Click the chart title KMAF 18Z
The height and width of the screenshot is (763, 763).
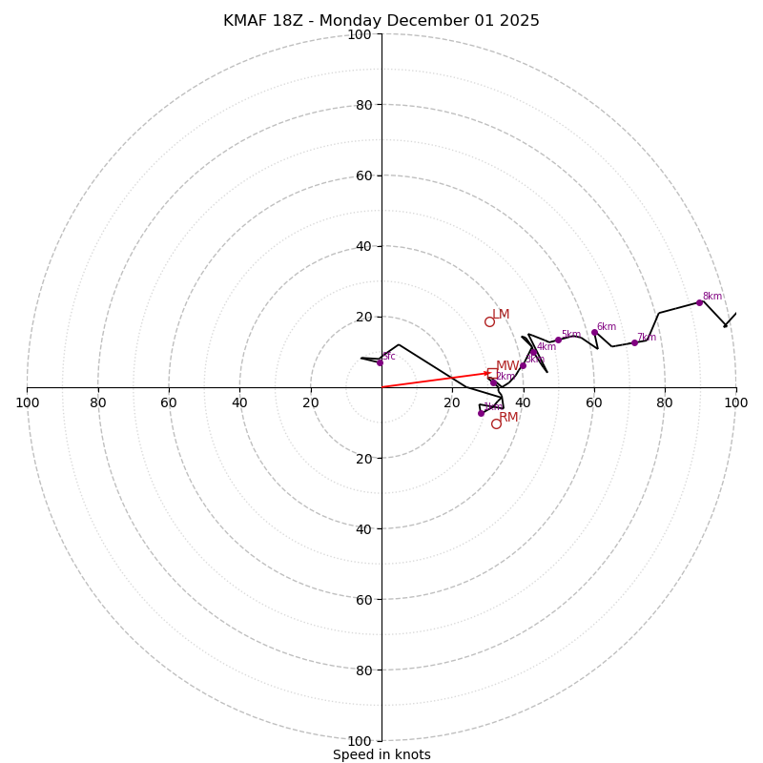click(x=381, y=21)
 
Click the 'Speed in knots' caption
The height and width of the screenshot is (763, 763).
click(x=381, y=754)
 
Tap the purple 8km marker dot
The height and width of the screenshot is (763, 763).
click(x=699, y=302)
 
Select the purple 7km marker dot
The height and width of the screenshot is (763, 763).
click(x=634, y=342)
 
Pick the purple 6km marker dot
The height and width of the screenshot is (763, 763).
click(x=594, y=332)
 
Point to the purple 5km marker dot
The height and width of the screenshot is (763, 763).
click(x=558, y=340)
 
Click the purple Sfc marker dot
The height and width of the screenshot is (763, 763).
click(x=380, y=362)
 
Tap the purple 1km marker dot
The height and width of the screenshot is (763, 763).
click(x=481, y=413)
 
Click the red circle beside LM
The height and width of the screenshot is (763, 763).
click(x=489, y=321)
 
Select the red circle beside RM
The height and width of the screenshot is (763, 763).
click(x=496, y=423)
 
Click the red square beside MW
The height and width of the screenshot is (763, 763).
click(x=491, y=373)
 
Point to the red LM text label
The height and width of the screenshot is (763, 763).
click(x=501, y=315)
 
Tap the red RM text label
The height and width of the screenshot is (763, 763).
click(x=508, y=417)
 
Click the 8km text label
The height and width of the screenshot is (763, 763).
click(x=712, y=297)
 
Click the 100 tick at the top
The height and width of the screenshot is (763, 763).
click(x=359, y=34)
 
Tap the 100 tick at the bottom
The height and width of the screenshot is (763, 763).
click(x=359, y=741)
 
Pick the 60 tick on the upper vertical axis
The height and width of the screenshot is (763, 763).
click(x=362, y=175)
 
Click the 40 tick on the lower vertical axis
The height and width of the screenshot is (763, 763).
click(x=362, y=528)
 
